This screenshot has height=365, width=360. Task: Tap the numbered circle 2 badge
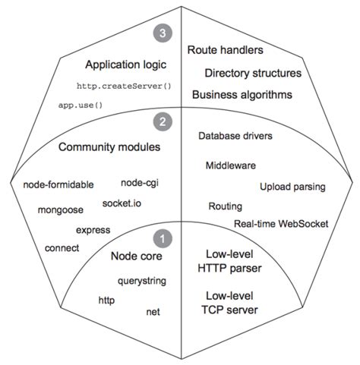click(160, 120)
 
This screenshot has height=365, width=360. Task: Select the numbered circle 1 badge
click(160, 238)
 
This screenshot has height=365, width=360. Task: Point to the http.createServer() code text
click(125, 87)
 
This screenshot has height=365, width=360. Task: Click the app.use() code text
click(81, 104)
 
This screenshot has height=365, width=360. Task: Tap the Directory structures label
click(253, 74)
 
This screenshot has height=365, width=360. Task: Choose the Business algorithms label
click(242, 95)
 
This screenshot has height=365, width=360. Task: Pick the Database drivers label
click(235, 137)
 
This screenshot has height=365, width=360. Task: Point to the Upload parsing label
click(292, 186)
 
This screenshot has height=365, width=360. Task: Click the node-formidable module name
click(59, 184)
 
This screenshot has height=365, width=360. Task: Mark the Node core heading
click(137, 256)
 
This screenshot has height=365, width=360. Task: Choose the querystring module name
click(142, 281)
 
